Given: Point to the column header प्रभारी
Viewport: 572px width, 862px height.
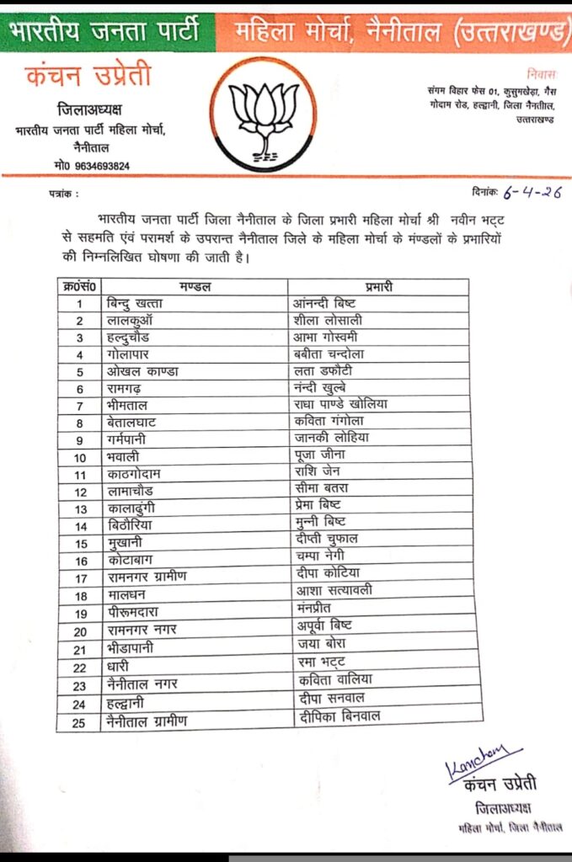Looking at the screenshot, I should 381,286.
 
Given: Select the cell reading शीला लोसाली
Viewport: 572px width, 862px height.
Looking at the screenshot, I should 329,321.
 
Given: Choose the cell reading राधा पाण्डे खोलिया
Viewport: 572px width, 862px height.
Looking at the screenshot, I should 339,403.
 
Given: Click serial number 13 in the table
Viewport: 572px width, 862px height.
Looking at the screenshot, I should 81,508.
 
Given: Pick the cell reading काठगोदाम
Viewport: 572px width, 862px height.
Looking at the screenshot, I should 135,474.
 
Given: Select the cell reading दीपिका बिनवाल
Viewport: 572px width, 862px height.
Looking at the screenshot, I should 339,716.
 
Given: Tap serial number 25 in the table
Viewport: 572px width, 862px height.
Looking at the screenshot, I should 81,720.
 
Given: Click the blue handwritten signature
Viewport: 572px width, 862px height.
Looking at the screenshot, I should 484,760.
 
